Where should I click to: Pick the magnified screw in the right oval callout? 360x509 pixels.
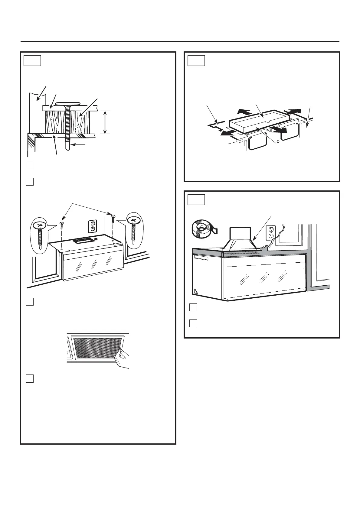133,231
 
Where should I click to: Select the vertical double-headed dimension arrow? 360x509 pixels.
105,122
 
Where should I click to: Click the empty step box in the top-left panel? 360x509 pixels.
32,60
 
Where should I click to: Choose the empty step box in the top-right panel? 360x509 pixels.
196,60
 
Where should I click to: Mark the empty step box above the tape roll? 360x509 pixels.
196,199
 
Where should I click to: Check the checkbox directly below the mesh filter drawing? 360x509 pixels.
29,379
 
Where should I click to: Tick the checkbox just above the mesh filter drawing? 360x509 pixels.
29,302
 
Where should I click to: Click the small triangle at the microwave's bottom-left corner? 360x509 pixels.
195,291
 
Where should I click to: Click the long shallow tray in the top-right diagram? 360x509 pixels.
260,121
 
